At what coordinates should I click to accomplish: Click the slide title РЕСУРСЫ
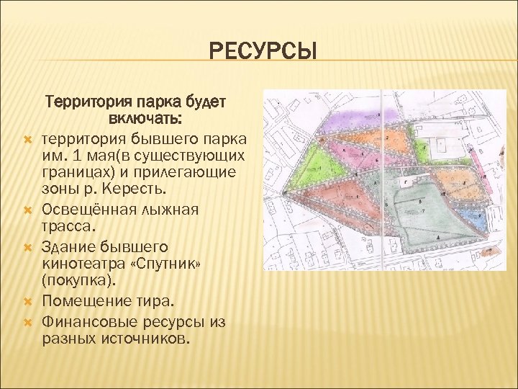263,53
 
